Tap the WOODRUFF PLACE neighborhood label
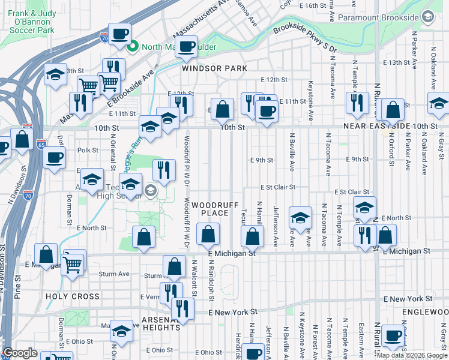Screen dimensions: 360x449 (x=209, y=209)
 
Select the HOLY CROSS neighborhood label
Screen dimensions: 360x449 (x=72, y=296)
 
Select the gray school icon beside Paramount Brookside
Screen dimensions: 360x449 (x=428, y=17)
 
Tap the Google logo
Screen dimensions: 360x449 (x=20, y=353)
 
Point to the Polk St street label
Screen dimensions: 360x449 (x=87, y=151)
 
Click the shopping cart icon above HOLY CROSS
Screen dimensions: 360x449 (x=73, y=262)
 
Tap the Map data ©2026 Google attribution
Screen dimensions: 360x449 (x=412, y=355)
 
